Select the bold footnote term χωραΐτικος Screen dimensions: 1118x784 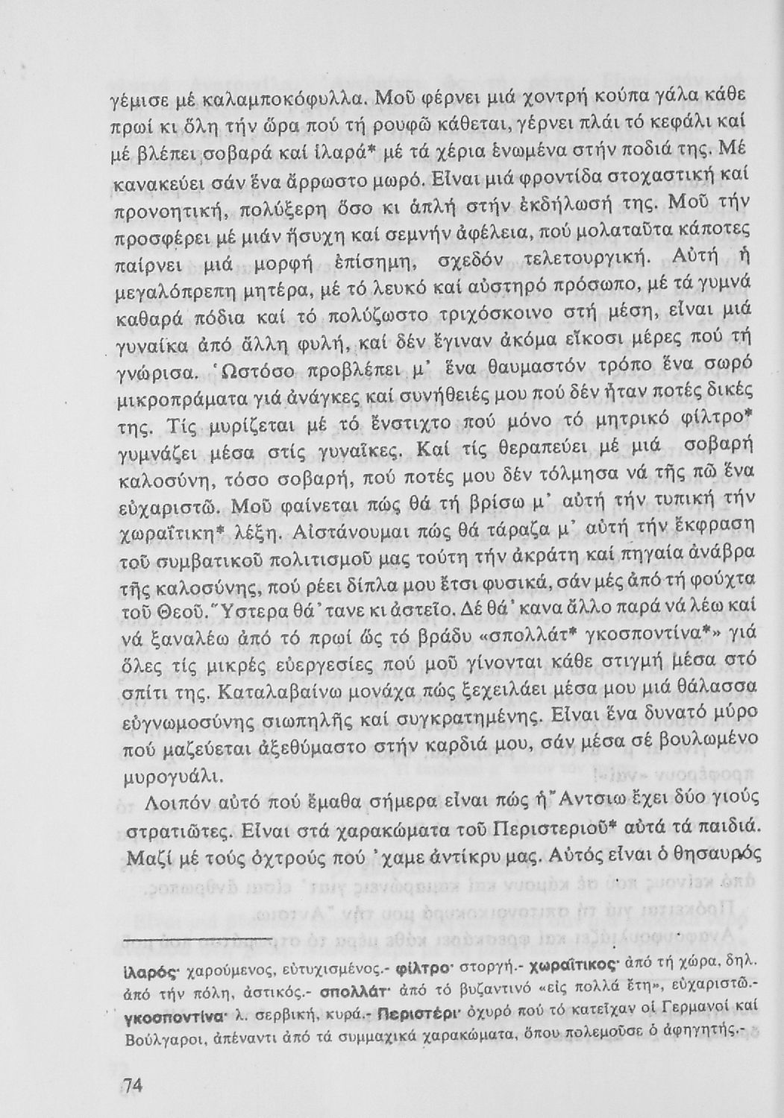pos(573,966)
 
